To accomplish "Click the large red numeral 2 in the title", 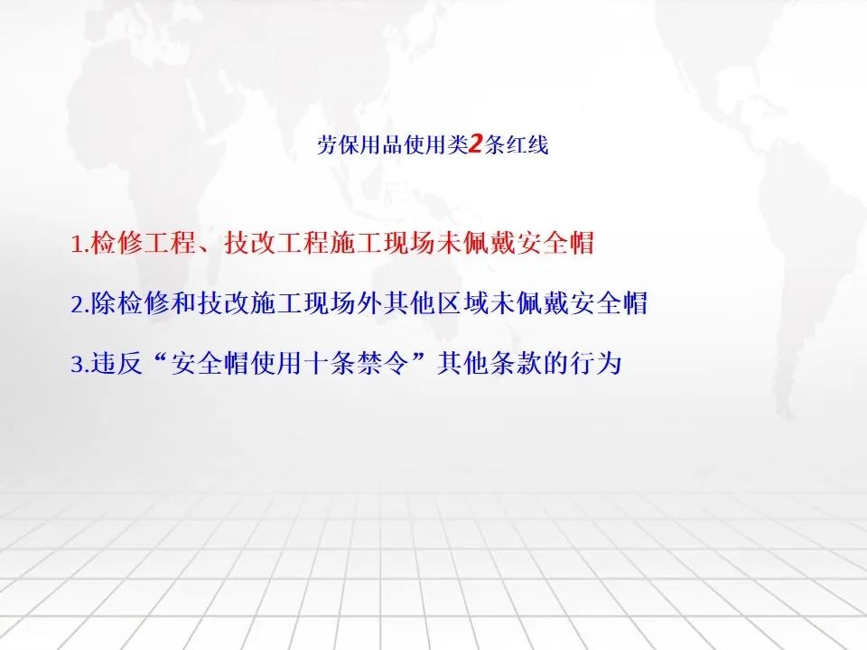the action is coord(476,144).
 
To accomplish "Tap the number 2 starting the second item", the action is coord(77,304).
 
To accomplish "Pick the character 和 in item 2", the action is coord(183,303).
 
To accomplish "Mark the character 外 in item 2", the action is coord(369,303).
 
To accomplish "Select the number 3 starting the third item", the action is coord(77,364).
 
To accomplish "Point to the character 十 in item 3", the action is coord(316,363).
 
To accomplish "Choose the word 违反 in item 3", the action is coord(117,363).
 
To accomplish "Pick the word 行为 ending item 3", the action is coord(596,363).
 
